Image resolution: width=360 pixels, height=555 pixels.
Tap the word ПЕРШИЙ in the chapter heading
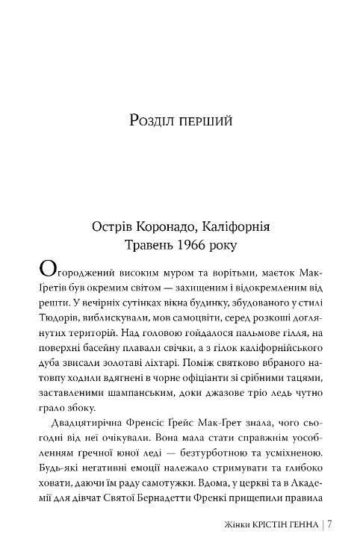tap(205, 120)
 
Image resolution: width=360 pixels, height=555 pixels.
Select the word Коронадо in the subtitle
tap(166, 226)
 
